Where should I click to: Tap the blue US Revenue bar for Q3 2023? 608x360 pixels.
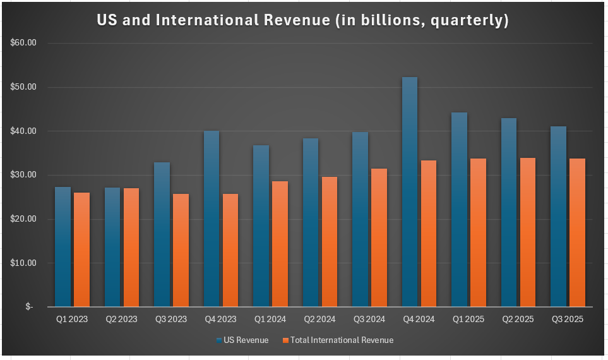162,234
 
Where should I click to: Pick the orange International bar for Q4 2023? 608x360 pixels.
230,249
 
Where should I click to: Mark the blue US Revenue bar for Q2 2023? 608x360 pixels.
112,247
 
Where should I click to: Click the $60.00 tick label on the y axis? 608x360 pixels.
24,43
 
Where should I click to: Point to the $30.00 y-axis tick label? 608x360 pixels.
24,175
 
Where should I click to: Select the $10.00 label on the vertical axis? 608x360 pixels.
24,263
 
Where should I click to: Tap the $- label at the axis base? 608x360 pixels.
30,307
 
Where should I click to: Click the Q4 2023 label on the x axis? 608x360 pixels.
221,320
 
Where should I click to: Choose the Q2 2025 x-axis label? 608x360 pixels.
518,320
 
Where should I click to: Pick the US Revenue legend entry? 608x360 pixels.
242,340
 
